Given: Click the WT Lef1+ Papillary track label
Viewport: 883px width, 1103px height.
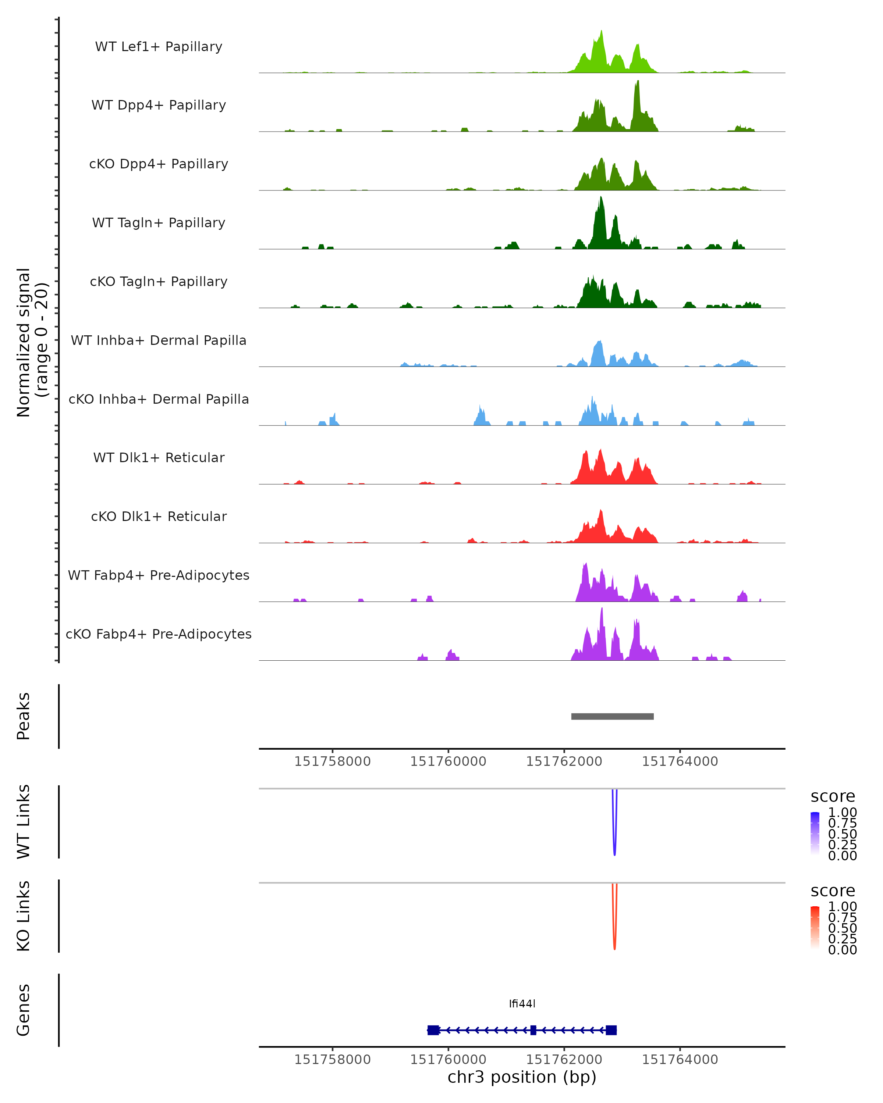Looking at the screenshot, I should [159, 47].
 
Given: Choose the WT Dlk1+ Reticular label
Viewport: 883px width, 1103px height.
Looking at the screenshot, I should [159, 458].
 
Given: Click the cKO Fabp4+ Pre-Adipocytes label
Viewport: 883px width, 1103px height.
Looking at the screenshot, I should [159, 634].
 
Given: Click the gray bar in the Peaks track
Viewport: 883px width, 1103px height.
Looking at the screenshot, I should [612, 717].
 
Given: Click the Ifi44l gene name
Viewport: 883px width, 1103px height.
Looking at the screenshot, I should [522, 1004].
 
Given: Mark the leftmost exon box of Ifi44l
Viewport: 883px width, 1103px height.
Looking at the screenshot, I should [433, 1030].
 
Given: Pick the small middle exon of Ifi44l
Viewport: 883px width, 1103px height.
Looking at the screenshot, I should [533, 1030].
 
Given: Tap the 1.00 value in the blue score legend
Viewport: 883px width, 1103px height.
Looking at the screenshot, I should [843, 813].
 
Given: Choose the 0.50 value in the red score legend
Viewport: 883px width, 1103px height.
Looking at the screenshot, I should [843, 928].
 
